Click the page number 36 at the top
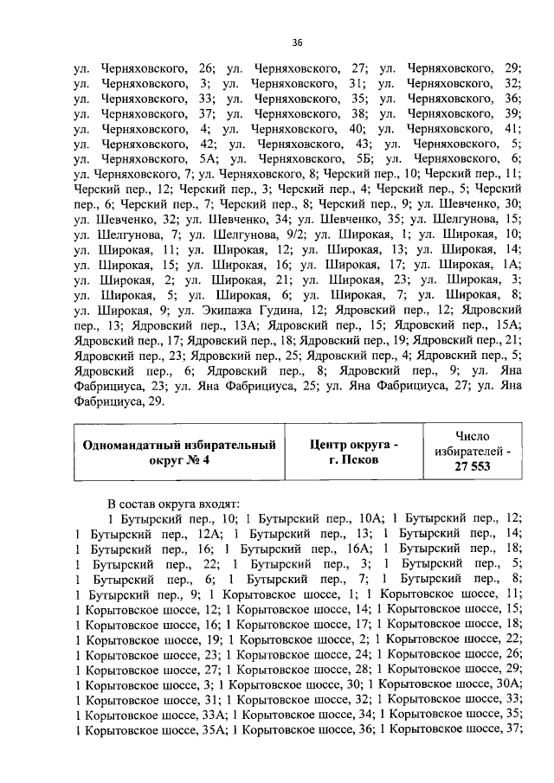(296, 42)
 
